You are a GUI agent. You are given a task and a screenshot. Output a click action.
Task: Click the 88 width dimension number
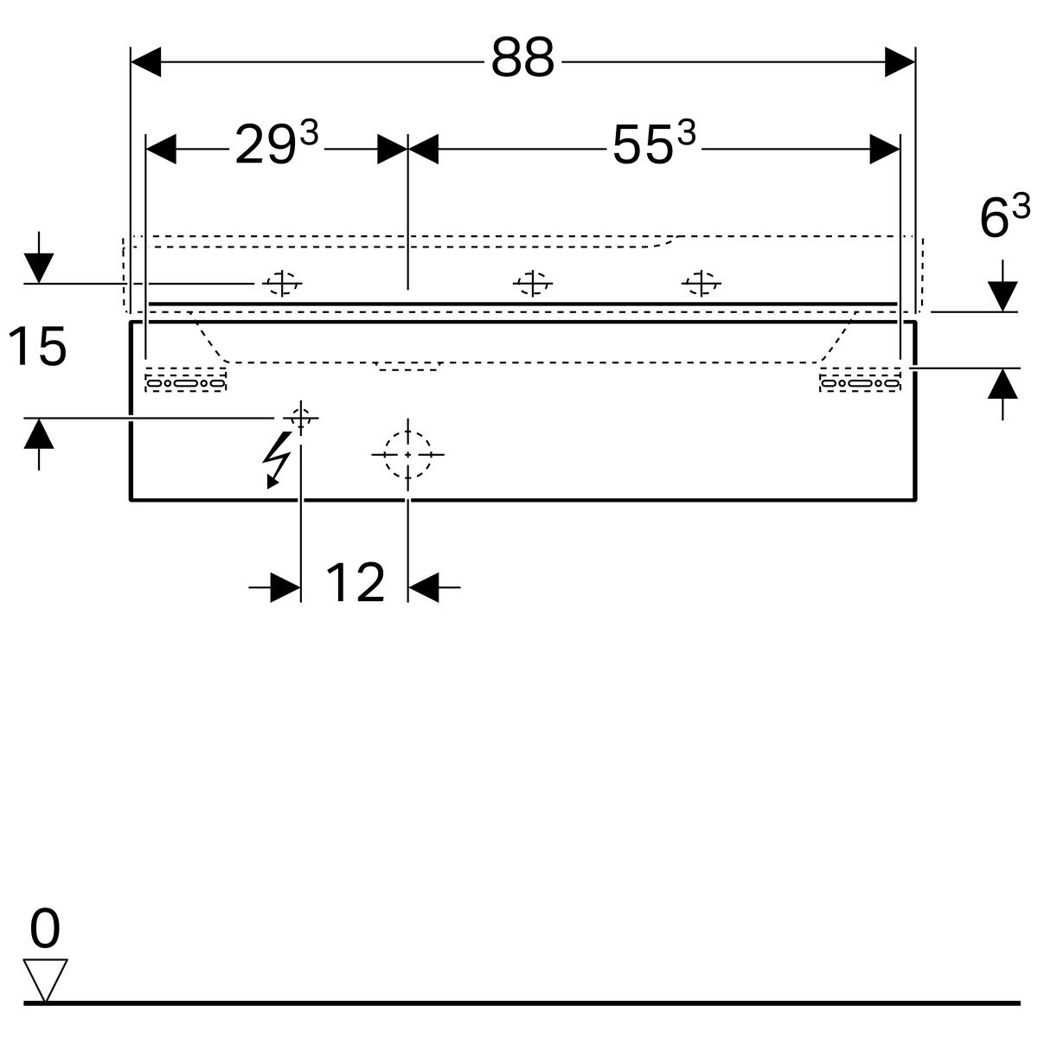[x=522, y=57]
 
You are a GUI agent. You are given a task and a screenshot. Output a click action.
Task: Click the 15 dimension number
[x=37, y=346]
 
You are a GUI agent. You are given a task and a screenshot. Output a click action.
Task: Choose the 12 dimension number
[x=355, y=582]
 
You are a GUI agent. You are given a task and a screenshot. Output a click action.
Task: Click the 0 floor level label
[x=45, y=927]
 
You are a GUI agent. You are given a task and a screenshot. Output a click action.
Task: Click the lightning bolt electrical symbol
[x=277, y=459]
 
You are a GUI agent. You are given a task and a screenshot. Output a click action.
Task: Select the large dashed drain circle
[x=407, y=455]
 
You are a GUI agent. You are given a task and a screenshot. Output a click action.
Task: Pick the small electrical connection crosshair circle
[x=300, y=418]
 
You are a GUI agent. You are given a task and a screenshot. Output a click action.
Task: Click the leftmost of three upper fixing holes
[x=282, y=284]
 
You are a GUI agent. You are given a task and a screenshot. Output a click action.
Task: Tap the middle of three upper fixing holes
[x=532, y=284]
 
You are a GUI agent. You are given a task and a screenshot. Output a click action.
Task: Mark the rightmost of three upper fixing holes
[x=701, y=284]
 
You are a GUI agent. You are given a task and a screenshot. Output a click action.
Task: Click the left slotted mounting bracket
[x=186, y=380]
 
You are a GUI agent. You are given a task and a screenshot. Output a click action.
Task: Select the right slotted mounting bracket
[x=860, y=380]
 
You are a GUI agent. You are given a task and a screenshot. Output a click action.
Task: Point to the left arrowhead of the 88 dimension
[x=145, y=62]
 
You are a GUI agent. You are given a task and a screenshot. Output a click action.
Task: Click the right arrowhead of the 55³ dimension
[x=885, y=149]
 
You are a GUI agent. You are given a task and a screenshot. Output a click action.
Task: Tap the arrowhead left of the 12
[x=285, y=587]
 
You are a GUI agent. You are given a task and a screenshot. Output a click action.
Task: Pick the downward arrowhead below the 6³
[x=1003, y=297]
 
